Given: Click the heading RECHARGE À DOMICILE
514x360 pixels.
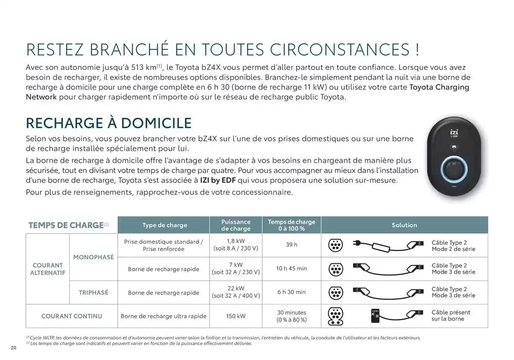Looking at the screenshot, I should coord(108,123).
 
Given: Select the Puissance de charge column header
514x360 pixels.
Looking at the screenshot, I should coord(236,225).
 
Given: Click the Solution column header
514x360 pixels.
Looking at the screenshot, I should coord(405,225).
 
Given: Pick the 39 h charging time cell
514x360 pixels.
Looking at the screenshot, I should coord(291,245).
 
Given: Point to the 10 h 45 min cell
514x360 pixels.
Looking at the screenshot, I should coord(291,268).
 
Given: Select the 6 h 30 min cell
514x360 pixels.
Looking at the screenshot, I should coord(291,292).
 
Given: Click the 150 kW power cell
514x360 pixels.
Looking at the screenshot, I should coord(236,316).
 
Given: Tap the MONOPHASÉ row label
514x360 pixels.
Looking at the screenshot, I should coord(94,257).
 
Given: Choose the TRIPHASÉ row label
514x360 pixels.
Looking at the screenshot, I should coord(94,293).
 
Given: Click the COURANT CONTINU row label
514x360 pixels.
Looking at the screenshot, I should coord(72,316).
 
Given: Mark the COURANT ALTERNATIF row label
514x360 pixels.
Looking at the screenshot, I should coord(48,269).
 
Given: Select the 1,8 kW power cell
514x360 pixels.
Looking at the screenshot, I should coord(236,244).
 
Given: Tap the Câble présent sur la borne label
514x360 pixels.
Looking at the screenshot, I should coord(451,315).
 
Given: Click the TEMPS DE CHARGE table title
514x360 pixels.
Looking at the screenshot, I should coord(66,225).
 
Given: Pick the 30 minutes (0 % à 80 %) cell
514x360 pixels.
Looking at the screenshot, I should coord(291,316).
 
